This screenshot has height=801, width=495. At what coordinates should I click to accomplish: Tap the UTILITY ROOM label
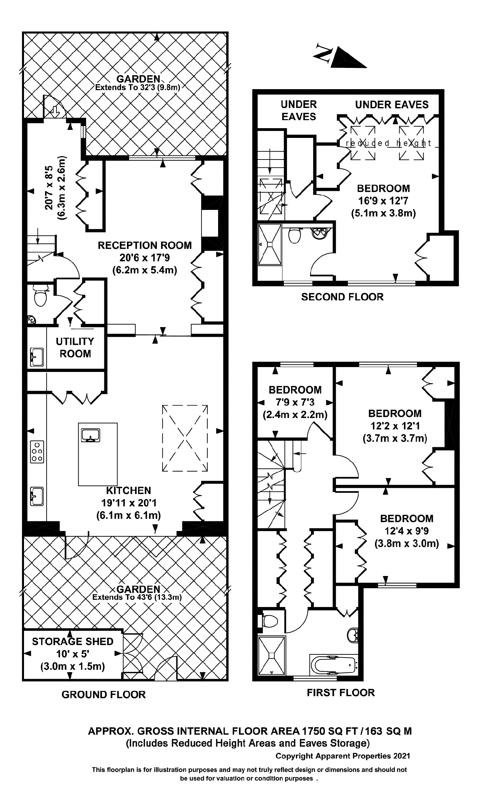(75, 347)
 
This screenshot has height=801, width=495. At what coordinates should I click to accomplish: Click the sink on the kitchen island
(90, 435)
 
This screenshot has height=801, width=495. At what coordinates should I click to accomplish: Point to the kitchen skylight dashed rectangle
(185, 438)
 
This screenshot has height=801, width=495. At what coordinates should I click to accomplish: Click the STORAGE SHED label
(73, 641)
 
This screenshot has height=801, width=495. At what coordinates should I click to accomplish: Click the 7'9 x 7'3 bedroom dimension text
(295, 402)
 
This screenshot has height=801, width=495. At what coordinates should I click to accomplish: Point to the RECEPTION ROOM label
(145, 245)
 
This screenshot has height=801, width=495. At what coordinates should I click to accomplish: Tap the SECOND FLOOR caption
(342, 297)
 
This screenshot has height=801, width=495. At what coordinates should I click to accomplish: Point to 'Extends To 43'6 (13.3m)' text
(137, 597)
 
